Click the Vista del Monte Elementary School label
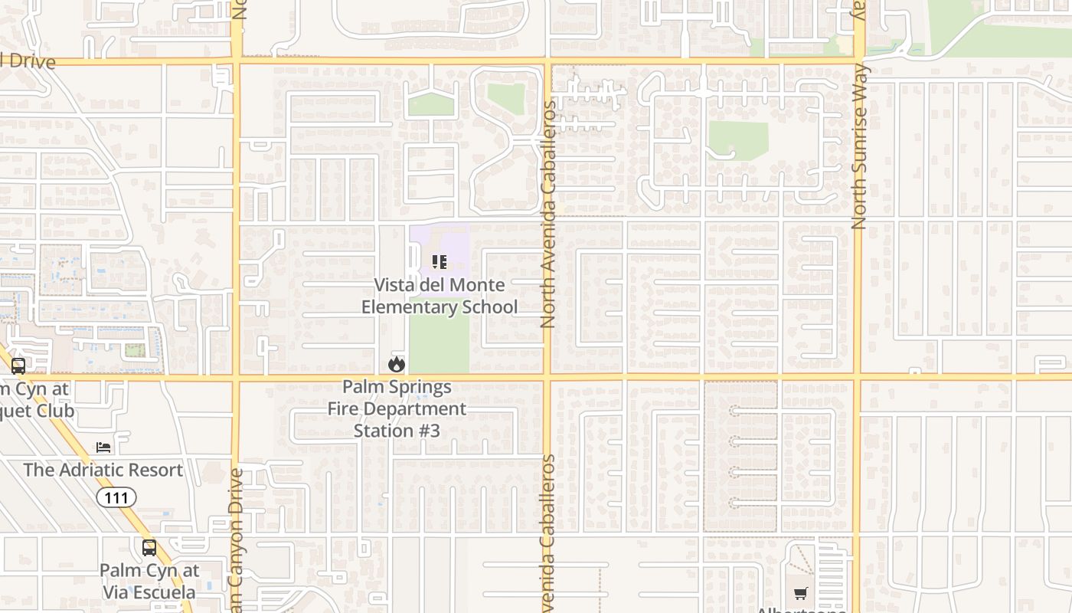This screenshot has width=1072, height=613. click(440, 296)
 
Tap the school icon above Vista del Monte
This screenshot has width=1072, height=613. click(440, 263)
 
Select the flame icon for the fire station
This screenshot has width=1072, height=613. click(397, 364)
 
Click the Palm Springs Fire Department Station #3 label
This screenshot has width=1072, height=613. click(397, 408)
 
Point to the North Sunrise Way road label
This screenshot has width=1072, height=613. click(858, 146)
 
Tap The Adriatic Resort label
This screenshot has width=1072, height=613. click(103, 470)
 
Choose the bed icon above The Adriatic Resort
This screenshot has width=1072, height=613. click(103, 447)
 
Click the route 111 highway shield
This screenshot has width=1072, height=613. click(116, 498)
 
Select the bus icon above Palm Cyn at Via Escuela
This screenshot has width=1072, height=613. click(149, 548)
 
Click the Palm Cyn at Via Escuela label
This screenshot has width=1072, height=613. click(149, 581)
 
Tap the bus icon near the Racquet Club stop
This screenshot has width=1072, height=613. click(18, 366)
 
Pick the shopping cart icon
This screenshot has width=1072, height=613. click(801, 593)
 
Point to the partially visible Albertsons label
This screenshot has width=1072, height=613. click(801, 609)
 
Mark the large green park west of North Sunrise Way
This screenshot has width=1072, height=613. click(737, 140)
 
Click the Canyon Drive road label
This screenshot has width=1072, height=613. click(236, 536)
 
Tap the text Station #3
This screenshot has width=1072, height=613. click(397, 431)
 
